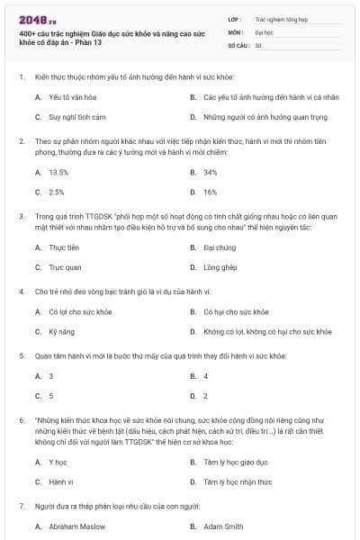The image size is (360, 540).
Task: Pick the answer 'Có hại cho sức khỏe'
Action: pos(236,310)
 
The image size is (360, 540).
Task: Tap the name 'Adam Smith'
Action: pos(225,525)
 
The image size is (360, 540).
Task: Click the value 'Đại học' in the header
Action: pos(264,31)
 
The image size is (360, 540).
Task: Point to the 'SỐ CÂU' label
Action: pos(238,43)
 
